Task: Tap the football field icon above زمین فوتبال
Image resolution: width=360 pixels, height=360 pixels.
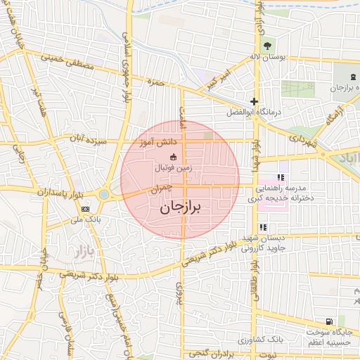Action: (173, 157)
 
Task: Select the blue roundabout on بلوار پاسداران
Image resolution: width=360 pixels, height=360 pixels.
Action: (104, 194)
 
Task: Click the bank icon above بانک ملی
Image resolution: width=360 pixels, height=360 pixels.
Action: (85, 209)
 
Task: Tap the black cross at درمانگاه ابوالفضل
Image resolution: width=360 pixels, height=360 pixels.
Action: (254, 101)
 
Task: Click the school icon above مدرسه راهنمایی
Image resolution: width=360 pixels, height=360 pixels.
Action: (281, 177)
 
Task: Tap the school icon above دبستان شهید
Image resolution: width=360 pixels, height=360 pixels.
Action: (263, 227)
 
